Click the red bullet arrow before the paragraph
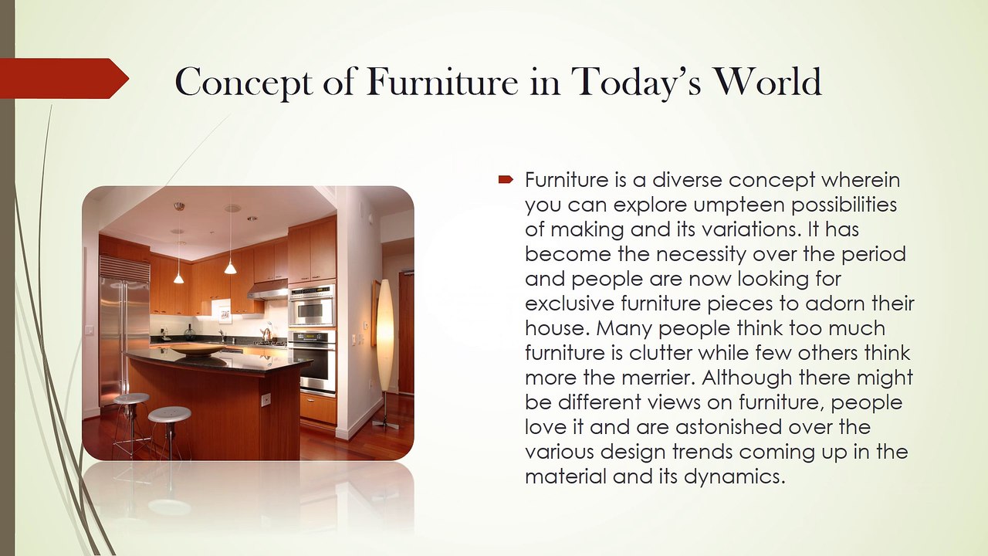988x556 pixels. point(506,180)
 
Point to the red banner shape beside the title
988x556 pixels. point(64,79)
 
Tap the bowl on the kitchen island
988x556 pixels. point(198,351)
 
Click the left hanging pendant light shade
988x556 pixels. point(178,278)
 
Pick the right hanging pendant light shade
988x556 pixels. point(230,267)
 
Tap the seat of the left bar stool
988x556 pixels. point(131,398)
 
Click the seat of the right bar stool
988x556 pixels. point(169,415)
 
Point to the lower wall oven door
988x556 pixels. point(313,366)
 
